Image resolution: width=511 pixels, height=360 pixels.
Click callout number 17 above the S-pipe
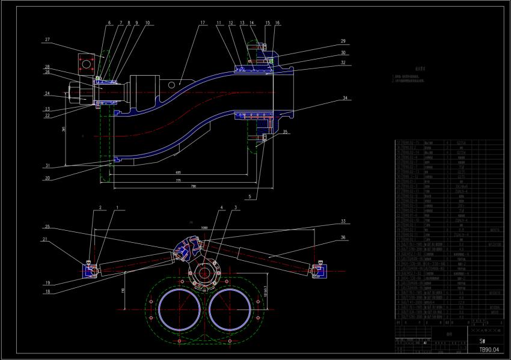(202, 23)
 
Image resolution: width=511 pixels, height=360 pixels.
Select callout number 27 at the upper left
(46, 40)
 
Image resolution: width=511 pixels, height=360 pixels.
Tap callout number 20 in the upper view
(46, 178)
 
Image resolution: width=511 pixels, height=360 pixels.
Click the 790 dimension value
(193, 187)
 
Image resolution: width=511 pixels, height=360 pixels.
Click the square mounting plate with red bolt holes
(87, 63)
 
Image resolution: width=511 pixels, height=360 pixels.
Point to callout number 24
(46, 93)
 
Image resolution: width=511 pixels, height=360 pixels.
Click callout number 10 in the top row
(147, 23)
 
